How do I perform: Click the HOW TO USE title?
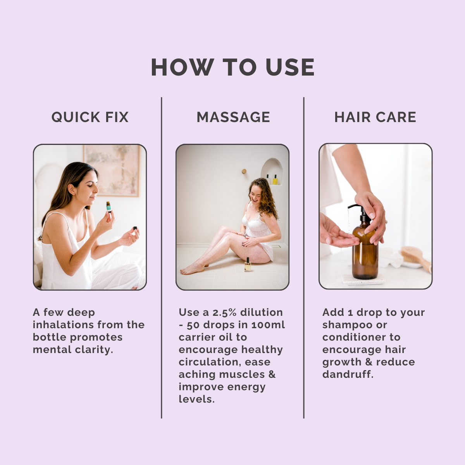[x=232, y=67]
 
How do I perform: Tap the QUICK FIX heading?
[x=90, y=117]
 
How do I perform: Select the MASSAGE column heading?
[x=233, y=117]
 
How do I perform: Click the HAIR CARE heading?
[x=375, y=117]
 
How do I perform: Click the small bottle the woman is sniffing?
[x=109, y=207]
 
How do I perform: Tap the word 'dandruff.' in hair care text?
[x=348, y=374]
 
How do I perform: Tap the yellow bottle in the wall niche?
[x=275, y=180]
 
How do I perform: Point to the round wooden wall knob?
[x=244, y=171]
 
